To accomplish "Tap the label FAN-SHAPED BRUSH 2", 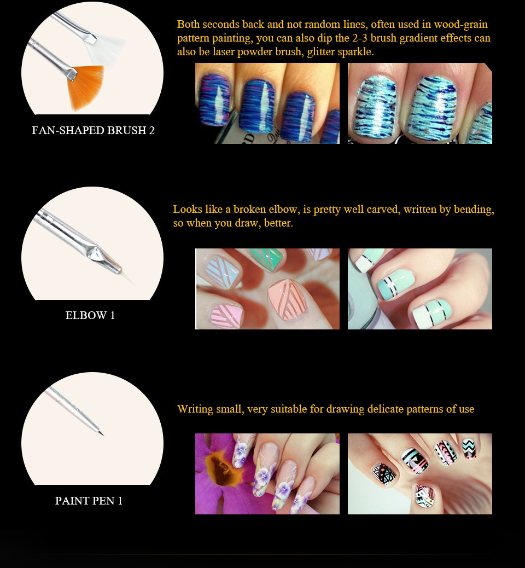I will [x=93, y=131].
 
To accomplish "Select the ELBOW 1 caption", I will [x=90, y=316].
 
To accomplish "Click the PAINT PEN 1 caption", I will [x=89, y=501].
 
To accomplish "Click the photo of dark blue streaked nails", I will [x=267, y=103].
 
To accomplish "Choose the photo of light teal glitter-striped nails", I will [x=419, y=103].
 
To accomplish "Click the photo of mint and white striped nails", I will [x=419, y=289].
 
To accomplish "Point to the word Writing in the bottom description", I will [x=195, y=409].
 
